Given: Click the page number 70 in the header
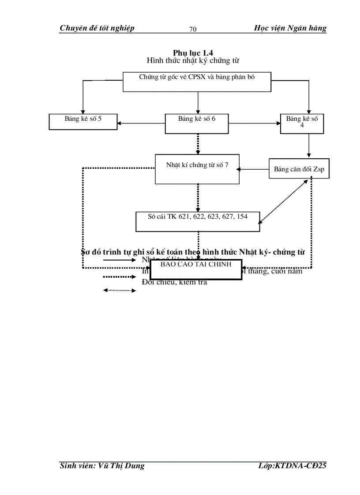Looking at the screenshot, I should [193, 30].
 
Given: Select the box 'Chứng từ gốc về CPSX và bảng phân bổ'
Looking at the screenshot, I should [197, 82].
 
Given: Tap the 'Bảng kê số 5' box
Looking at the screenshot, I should [83, 122].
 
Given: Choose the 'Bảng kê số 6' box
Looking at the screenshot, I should [197, 123].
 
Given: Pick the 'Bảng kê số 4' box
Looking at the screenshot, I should [301, 123].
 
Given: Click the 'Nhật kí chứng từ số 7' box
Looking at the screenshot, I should [197, 169].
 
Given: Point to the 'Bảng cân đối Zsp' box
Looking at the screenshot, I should [299, 169].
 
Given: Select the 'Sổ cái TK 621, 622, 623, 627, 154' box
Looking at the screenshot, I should [197, 221].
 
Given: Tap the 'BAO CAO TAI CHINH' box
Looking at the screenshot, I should [196, 270].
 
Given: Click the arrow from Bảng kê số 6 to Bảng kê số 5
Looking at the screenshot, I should [141, 123].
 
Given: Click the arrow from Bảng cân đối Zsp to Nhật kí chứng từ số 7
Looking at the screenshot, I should [254, 169].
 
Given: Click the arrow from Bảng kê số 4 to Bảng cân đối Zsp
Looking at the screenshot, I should [309, 145].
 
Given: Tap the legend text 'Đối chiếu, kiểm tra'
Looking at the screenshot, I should [174, 282].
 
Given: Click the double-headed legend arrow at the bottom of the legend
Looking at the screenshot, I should [119, 290].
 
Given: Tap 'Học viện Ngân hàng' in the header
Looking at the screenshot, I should [290, 28].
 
